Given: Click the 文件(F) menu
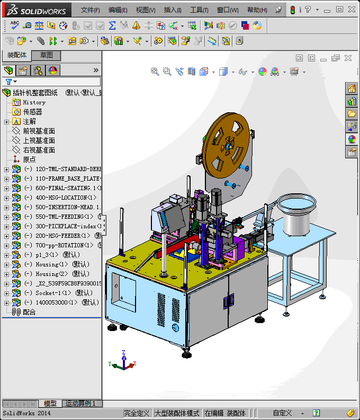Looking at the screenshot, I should tap(90, 10).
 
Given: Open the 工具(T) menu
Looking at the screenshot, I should tap(199, 10).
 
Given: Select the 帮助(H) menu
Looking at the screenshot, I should tap(257, 10).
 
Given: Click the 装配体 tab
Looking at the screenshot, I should tap(17, 55).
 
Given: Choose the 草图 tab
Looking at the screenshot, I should tap(46, 56).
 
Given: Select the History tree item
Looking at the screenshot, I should tap(34, 102).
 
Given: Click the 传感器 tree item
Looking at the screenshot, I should tap(32, 112).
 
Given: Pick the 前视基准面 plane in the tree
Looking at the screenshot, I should tap(39, 131).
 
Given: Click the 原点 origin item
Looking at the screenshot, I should tap(29, 159).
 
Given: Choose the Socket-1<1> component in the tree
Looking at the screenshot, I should tap(53, 293).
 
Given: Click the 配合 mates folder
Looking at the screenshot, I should tap(29, 312).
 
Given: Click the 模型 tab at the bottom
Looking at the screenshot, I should tap(50, 404).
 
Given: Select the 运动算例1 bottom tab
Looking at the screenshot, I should tap(79, 404).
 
